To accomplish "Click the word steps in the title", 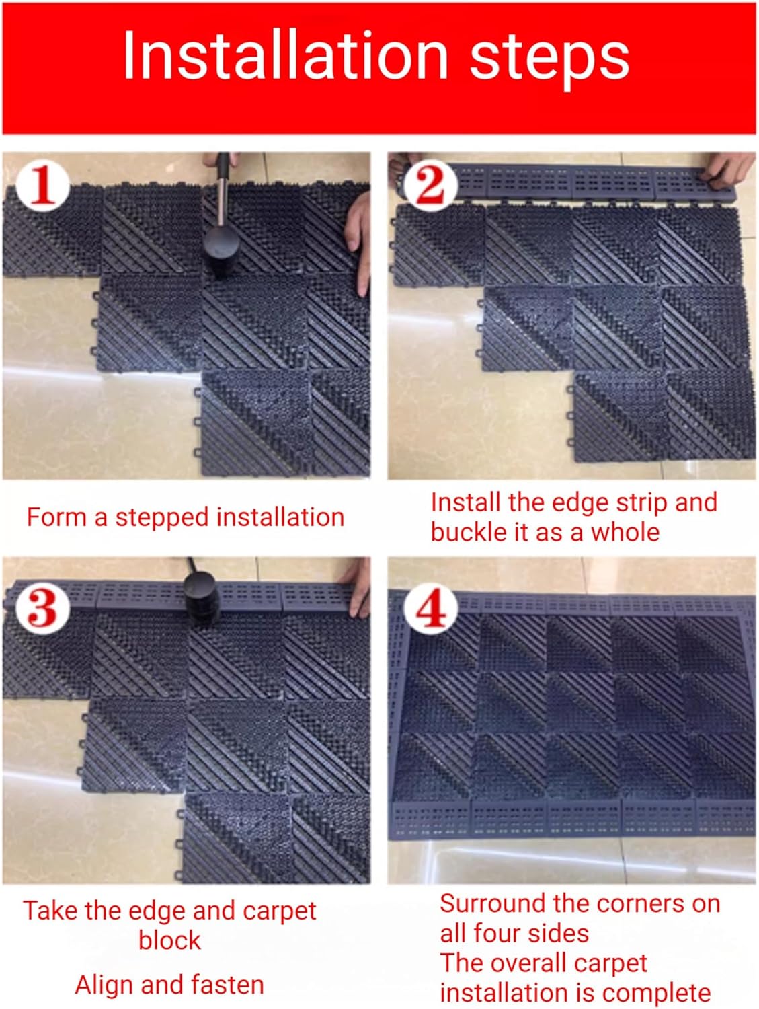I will pos(549,59).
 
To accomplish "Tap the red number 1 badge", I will pos(42,184).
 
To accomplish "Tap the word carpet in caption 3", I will pos(278,911).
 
